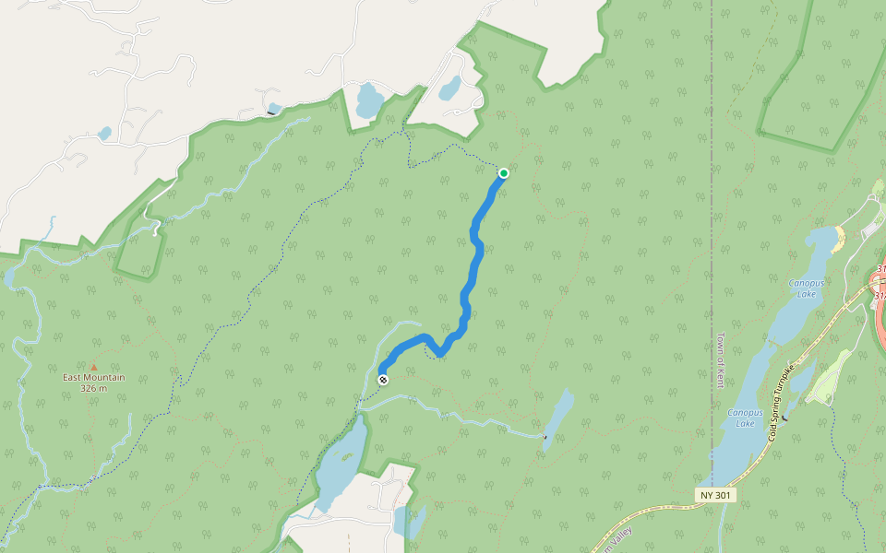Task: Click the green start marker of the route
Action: (x=504, y=173)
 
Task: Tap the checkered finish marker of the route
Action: (x=383, y=379)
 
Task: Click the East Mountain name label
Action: (x=93, y=377)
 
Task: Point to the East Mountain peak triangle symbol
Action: (x=93, y=367)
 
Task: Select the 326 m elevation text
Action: (x=93, y=388)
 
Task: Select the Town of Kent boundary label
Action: (x=721, y=360)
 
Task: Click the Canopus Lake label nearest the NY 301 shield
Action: (x=745, y=418)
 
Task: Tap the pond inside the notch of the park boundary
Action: (x=367, y=100)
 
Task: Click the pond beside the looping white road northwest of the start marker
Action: (x=449, y=88)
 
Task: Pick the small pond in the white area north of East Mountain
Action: (x=104, y=133)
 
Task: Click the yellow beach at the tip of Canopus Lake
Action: (x=838, y=239)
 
